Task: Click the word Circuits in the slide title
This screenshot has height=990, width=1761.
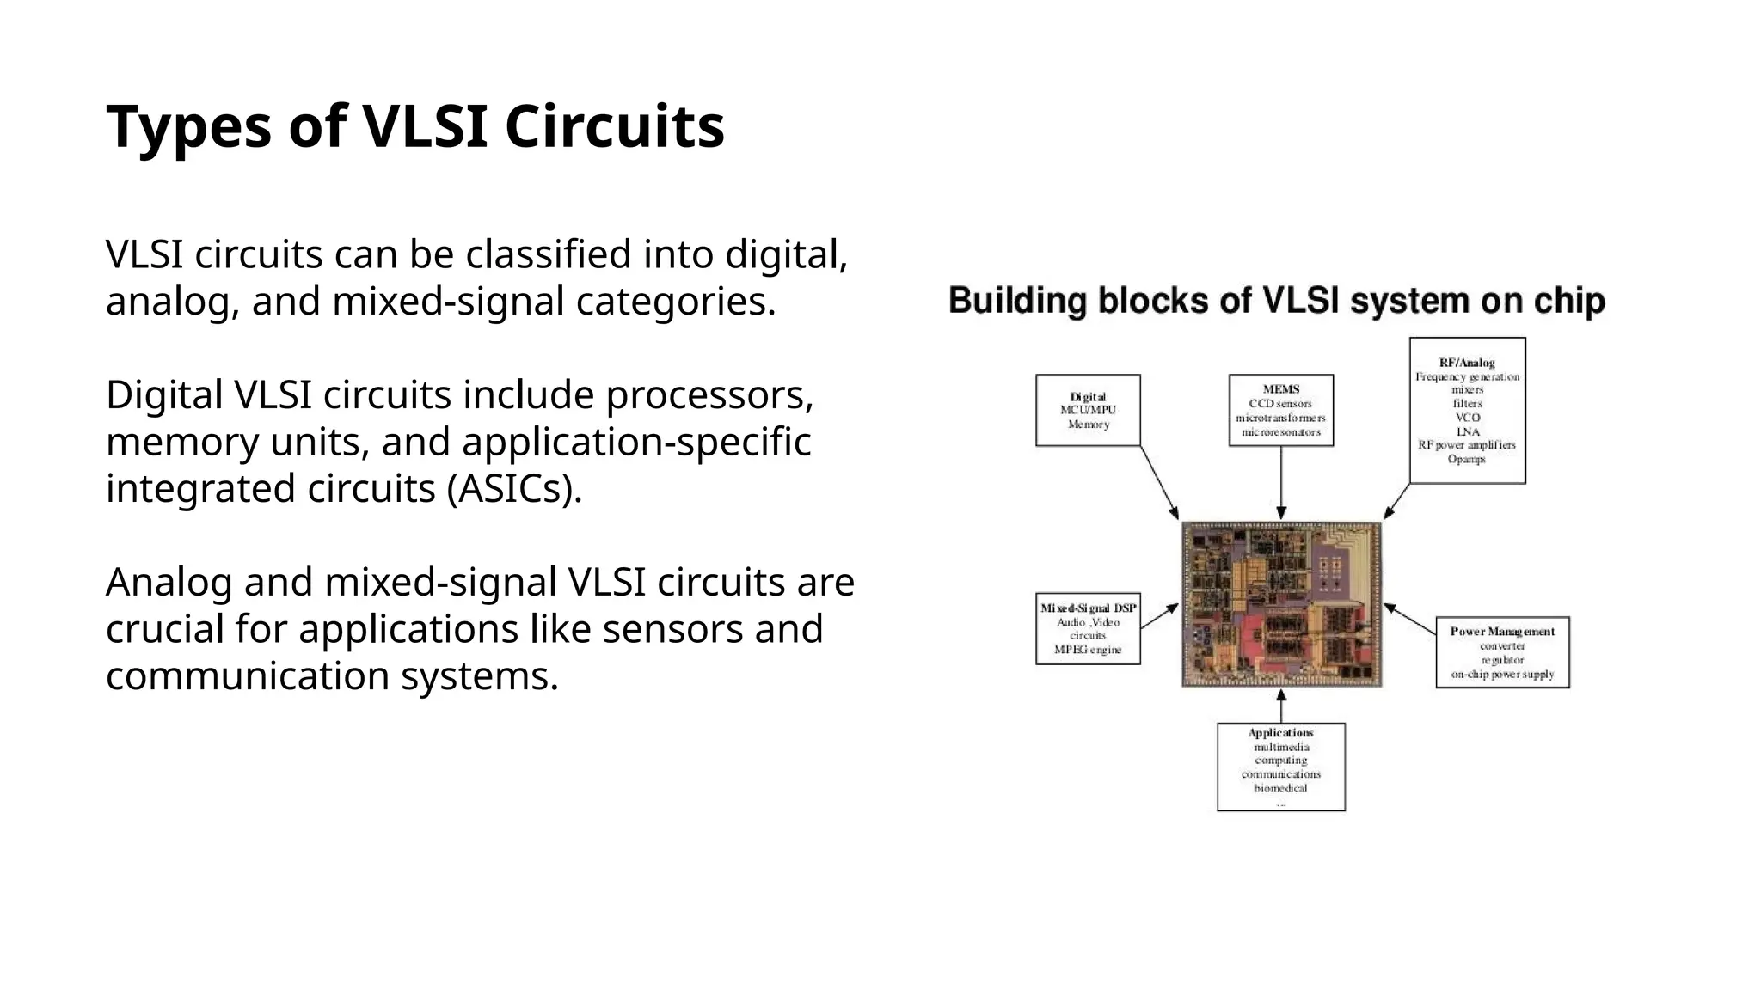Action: tap(614, 127)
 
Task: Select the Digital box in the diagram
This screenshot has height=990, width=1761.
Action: tap(1088, 410)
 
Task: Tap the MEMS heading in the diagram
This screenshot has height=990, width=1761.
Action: tap(1280, 389)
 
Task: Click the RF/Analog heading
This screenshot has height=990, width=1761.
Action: tap(1467, 363)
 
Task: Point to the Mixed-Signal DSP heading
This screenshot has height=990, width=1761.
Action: tap(1088, 608)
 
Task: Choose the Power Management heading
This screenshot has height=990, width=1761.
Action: tap(1502, 631)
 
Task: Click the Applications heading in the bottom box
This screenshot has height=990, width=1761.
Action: tap(1280, 733)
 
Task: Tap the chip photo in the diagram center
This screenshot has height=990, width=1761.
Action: tap(1281, 603)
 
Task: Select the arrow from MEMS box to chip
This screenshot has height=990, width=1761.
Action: tap(1281, 483)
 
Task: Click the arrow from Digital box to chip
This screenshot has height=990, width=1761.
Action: tap(1159, 482)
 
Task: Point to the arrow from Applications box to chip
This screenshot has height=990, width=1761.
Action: tap(1281, 706)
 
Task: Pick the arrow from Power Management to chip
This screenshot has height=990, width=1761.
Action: tap(1410, 620)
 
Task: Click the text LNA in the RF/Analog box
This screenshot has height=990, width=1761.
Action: tap(1467, 431)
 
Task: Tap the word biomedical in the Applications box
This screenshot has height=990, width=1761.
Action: tap(1280, 788)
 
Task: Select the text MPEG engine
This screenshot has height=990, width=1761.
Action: tap(1088, 650)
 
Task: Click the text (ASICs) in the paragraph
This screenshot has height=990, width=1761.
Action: tap(514, 489)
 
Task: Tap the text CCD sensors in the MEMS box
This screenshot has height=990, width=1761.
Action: tap(1280, 404)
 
